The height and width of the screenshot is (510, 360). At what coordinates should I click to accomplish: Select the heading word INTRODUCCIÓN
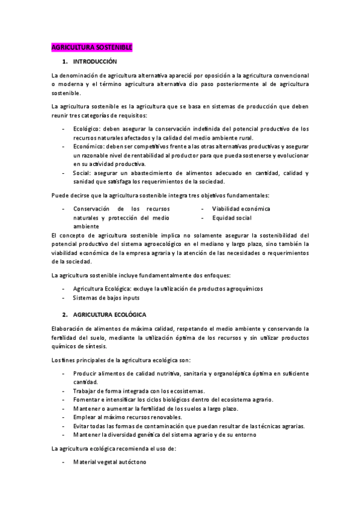click(94, 62)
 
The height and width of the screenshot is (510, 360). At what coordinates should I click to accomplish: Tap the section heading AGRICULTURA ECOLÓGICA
click(109, 315)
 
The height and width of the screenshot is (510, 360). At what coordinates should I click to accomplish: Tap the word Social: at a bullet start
click(83, 173)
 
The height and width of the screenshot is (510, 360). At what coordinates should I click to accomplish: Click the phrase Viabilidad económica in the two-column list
click(240, 209)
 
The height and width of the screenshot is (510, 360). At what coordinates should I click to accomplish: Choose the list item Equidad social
click(231, 217)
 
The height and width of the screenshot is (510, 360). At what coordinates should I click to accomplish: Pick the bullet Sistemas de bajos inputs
click(106, 298)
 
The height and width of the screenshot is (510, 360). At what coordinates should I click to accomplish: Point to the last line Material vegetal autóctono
click(109, 462)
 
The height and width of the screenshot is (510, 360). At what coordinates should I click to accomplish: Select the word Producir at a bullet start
click(85, 373)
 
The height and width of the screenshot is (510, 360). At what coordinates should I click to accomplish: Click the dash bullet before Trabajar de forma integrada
click(64, 391)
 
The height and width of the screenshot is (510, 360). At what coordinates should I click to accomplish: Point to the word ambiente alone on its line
click(87, 226)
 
